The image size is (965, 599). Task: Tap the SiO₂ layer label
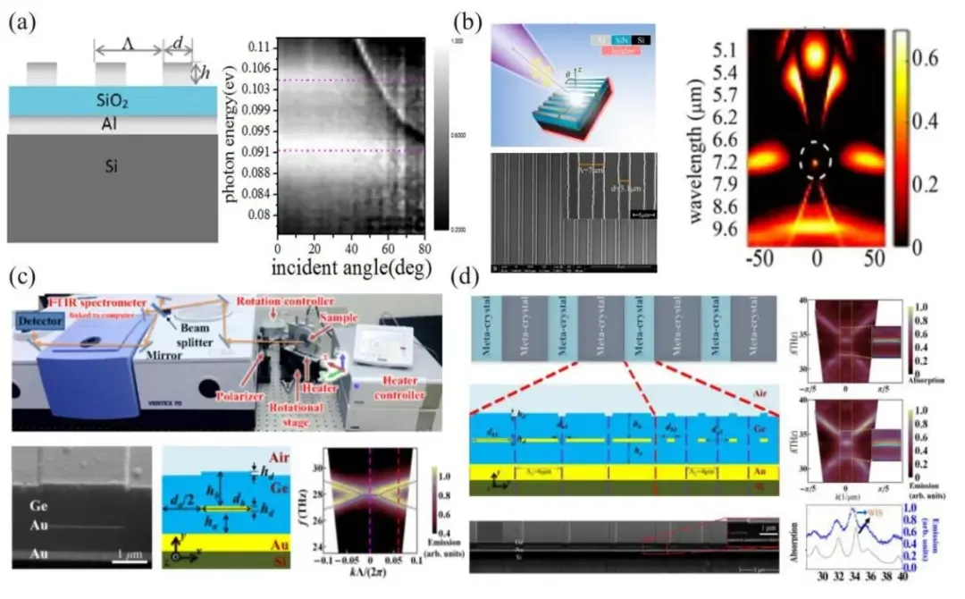[111, 102]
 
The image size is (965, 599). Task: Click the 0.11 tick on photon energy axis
[259, 46]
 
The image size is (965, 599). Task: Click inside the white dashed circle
[815, 163]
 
